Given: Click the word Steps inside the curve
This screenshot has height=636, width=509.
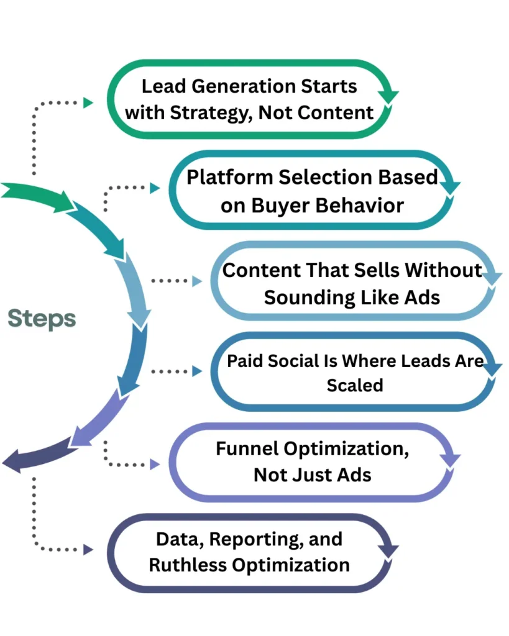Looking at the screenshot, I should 42,319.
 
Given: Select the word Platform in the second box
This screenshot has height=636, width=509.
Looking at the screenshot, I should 230,177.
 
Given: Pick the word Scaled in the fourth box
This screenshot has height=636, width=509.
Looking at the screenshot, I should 354,385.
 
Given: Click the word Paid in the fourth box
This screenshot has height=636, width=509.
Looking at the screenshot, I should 243,361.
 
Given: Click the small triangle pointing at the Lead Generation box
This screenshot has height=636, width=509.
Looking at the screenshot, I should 88,102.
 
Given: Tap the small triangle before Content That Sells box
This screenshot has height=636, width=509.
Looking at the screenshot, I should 197,281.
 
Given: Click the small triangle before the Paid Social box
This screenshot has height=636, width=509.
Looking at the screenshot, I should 197,371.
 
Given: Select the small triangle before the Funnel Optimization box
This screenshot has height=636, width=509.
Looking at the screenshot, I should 155,463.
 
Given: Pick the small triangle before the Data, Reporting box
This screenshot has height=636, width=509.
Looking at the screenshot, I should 88,549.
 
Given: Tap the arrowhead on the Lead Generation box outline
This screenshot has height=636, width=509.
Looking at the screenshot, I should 390,96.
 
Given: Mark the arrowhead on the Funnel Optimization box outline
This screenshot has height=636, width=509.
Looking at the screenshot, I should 451,460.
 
